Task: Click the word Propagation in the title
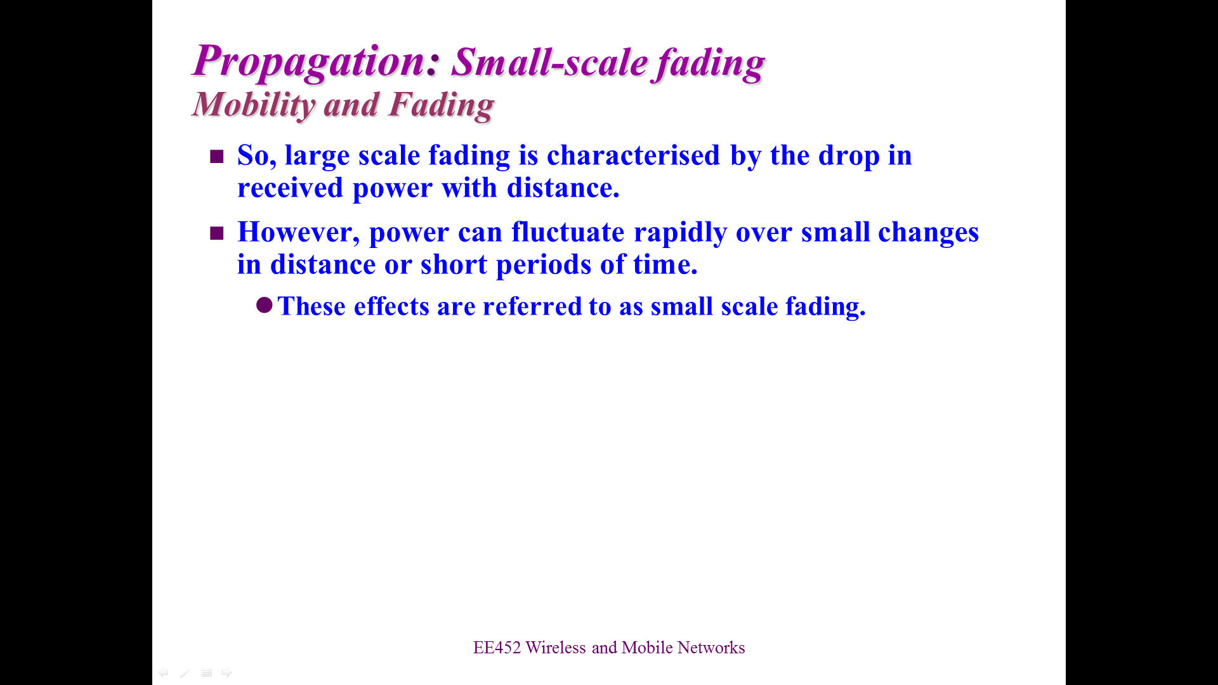click(x=308, y=62)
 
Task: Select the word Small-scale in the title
click(x=549, y=63)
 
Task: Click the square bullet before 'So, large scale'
click(x=217, y=157)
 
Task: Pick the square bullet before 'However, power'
click(x=217, y=233)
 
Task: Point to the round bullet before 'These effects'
click(x=265, y=306)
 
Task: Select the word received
click(x=290, y=188)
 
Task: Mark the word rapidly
click(x=680, y=233)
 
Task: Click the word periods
click(x=544, y=265)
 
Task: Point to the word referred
click(x=532, y=306)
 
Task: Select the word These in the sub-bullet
click(x=311, y=306)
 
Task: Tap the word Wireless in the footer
click(x=556, y=648)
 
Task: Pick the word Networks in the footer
click(x=711, y=648)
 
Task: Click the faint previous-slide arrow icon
click(x=164, y=672)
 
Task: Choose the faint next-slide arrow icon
click(x=227, y=672)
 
